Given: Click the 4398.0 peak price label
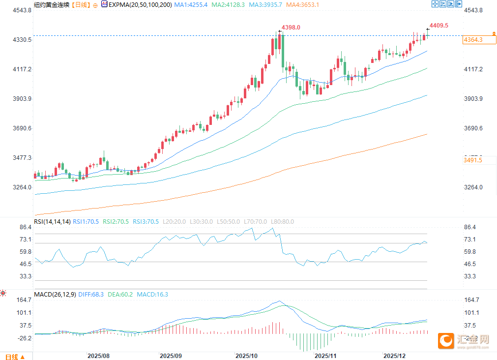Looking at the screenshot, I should pyautogui.click(x=291, y=28).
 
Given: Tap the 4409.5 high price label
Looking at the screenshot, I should pyautogui.click(x=439, y=25).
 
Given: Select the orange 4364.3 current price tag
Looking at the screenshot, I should pyautogui.click(x=473, y=40).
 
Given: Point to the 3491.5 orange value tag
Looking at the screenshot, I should pyautogui.click(x=473, y=160).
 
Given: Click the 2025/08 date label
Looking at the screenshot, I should pyautogui.click(x=98, y=355).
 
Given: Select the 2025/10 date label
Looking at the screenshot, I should pyautogui.click(x=247, y=355).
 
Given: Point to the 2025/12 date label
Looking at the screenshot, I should pyautogui.click(x=394, y=355).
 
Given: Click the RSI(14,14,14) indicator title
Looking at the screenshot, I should pyautogui.click(x=52, y=222).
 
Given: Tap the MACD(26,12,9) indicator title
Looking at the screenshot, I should pyautogui.click(x=55, y=295).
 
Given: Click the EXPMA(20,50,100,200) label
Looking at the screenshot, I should pyautogui.click(x=140, y=4).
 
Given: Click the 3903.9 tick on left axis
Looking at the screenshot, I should pyautogui.click(x=21, y=99).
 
